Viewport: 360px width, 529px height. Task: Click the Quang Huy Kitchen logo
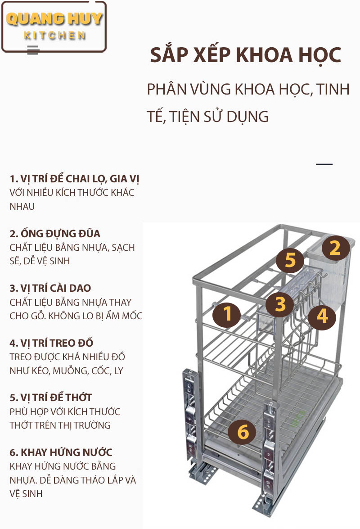click(54, 27)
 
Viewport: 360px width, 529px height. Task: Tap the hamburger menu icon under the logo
click(33, 50)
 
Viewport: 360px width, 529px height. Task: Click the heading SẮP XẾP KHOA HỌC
click(246, 55)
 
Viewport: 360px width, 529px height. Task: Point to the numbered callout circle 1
click(227, 314)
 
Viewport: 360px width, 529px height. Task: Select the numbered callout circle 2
click(335, 249)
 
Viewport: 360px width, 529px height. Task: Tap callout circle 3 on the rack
click(280, 303)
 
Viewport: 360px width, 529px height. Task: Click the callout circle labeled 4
click(322, 316)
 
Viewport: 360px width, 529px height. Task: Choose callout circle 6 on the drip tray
click(243, 432)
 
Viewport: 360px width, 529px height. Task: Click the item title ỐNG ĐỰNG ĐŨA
click(61, 234)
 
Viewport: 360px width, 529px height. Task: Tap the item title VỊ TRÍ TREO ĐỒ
click(57, 343)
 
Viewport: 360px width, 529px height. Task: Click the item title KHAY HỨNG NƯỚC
click(67, 452)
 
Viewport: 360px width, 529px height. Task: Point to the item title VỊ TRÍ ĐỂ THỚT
click(56, 398)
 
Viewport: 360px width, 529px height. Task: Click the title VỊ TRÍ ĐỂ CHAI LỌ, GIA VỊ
click(80, 179)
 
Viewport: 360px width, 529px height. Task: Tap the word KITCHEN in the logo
click(54, 36)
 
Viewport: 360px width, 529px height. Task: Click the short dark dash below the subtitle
click(324, 164)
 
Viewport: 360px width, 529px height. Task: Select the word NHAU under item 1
click(22, 206)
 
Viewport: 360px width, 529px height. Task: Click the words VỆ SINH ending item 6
click(26, 493)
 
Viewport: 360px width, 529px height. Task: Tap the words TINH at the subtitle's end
click(333, 90)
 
